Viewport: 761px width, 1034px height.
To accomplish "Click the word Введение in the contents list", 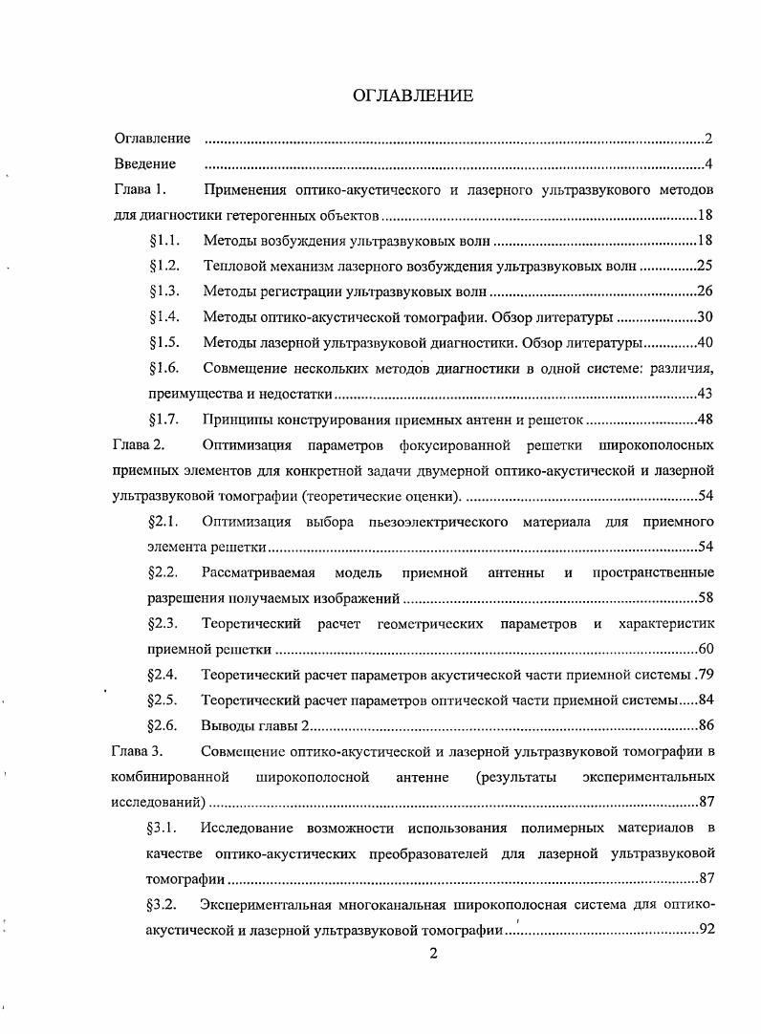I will click(x=144, y=164).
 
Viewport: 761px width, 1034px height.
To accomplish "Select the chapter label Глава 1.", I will click(x=141, y=189).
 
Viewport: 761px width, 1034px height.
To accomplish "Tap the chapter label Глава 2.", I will click(x=141, y=444).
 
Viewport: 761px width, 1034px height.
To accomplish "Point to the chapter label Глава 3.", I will click(x=141, y=750).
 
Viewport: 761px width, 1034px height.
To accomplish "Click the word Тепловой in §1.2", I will click(x=231, y=266).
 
